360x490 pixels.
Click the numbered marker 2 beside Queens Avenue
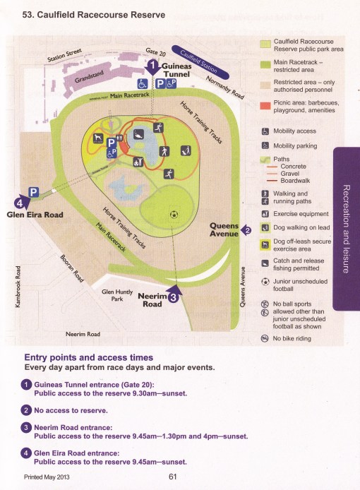(246, 229)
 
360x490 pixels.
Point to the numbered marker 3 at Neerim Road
(173, 298)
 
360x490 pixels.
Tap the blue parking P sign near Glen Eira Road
(32, 192)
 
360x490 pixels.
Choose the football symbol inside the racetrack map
(173, 213)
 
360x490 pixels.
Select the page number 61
(172, 477)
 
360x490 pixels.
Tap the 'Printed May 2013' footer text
(52, 477)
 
